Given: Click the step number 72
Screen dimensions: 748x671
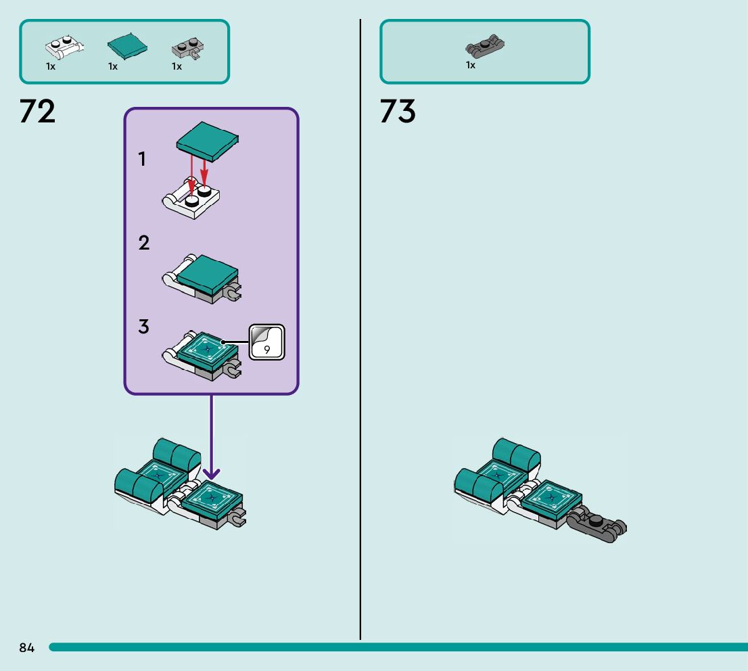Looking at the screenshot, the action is pos(38,112).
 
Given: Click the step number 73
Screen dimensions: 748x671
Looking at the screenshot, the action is pos(398,112).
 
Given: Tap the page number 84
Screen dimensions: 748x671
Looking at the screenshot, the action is pos(27,648).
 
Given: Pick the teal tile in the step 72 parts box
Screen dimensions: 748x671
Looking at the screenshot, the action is pos(127,46).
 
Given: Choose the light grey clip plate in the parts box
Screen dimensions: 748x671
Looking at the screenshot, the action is pos(189,49).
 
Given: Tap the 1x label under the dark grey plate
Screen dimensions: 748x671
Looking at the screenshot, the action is pos(471,66).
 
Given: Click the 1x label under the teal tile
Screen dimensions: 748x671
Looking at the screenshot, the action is pos(113,66).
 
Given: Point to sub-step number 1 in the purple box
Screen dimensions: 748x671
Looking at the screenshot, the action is pos(142,160).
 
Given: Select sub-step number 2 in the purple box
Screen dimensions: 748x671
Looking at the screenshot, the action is pos(143,244).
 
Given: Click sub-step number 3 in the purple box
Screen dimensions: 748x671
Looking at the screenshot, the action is pos(143,327).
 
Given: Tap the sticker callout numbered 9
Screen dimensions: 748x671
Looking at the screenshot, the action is pos(267,343).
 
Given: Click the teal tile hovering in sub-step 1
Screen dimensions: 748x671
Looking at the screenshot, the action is pos(208,141).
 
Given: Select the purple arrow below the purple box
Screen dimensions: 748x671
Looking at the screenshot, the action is pos(212,440).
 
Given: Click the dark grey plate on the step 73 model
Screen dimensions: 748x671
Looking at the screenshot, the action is pos(597,525).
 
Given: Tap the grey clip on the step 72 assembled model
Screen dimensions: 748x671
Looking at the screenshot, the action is pos(237,519).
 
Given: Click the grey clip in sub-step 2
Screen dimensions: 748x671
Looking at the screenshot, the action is pos(232,292).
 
